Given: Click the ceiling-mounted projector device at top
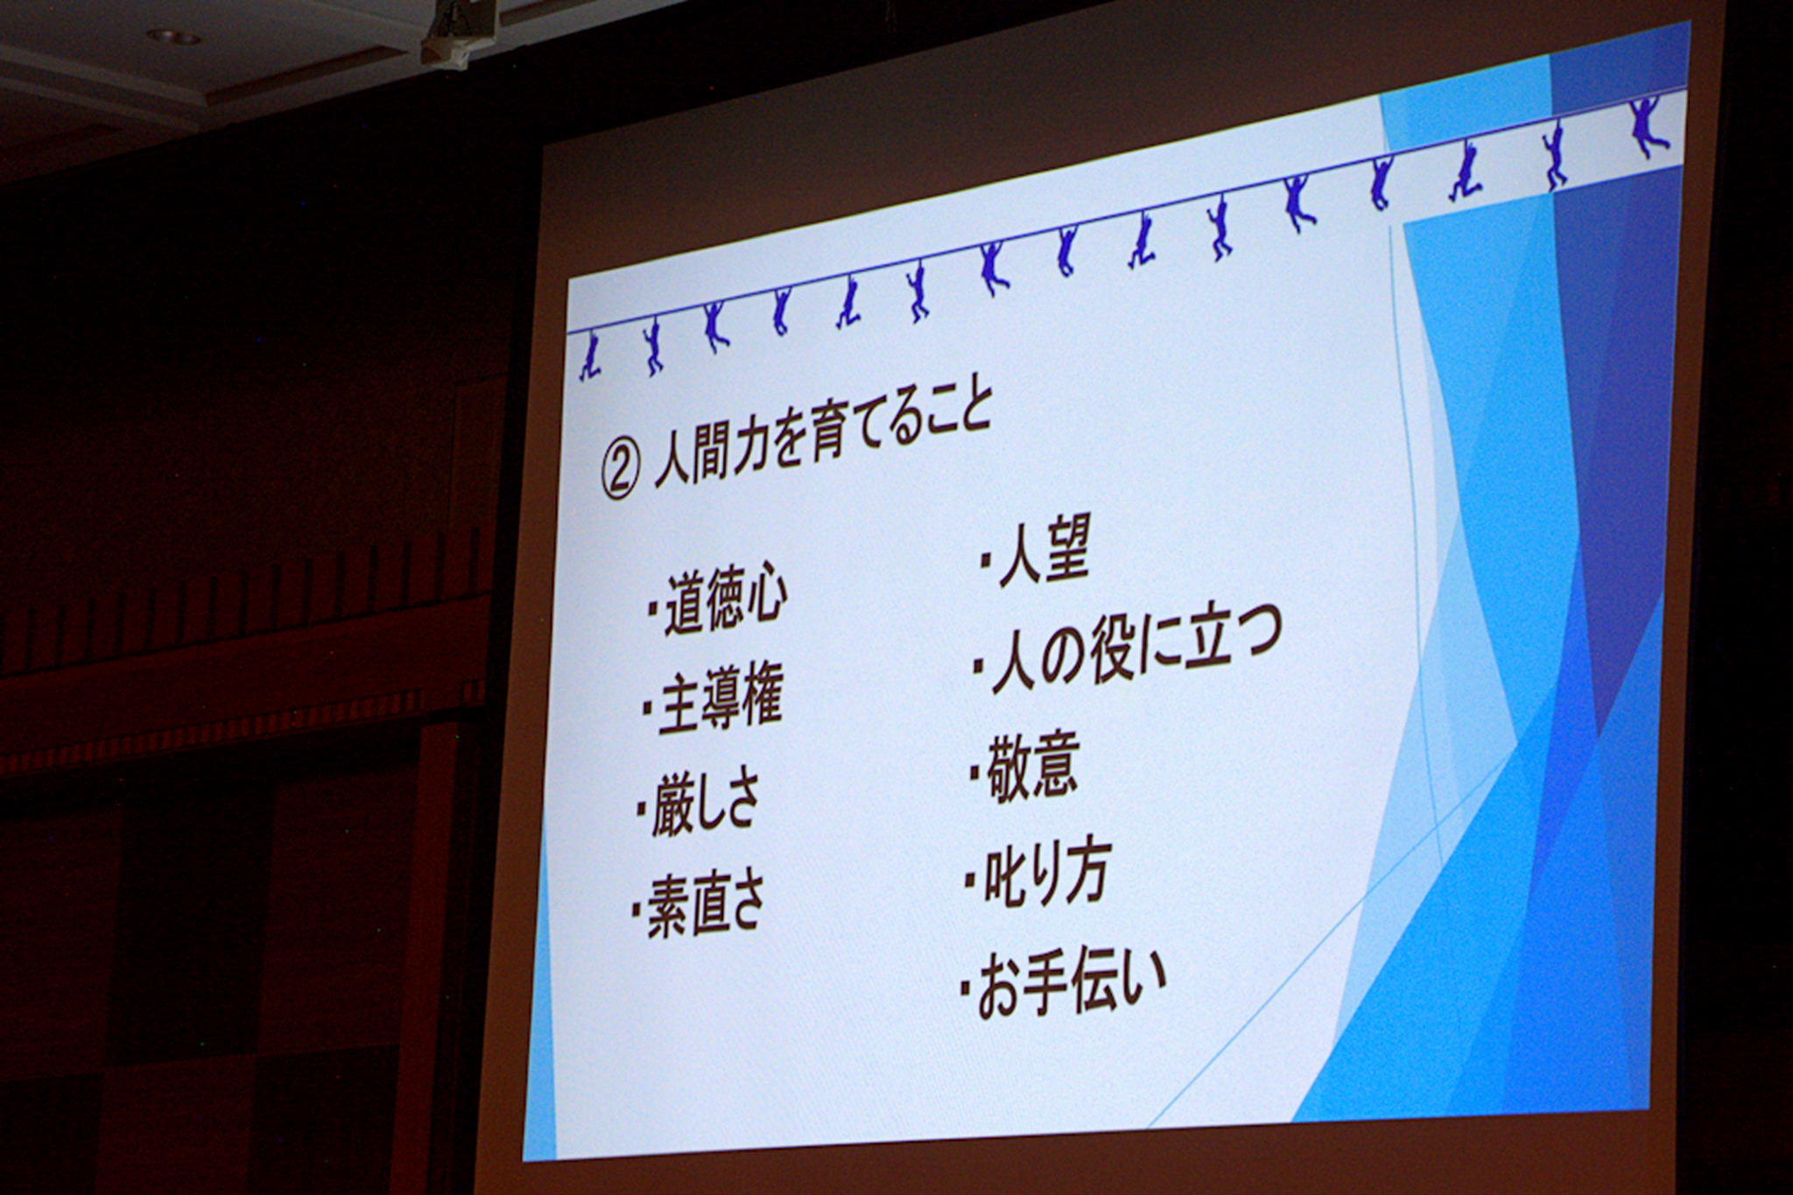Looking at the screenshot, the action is click(458, 33).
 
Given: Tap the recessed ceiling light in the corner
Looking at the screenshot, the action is click(173, 37).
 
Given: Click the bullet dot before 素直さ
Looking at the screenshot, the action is click(636, 910).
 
